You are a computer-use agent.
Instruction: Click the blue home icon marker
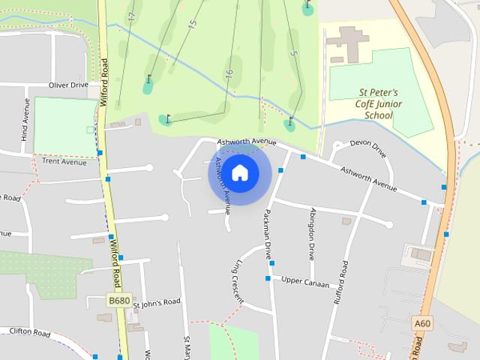(x=240, y=173)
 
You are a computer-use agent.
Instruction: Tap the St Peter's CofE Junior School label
(x=378, y=104)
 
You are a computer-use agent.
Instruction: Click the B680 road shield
(x=118, y=300)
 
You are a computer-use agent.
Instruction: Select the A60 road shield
(x=423, y=323)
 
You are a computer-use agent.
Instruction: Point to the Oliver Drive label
(x=68, y=85)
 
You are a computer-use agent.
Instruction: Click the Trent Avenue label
(x=64, y=161)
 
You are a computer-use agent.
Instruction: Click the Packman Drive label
(x=266, y=233)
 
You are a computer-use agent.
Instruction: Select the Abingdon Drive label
(x=312, y=233)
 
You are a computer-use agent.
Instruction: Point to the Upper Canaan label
(x=306, y=281)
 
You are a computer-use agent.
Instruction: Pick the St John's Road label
(x=157, y=302)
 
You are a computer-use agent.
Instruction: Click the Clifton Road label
(x=30, y=331)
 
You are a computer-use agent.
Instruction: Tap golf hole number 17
(x=132, y=16)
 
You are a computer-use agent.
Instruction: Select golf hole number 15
(x=192, y=25)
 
